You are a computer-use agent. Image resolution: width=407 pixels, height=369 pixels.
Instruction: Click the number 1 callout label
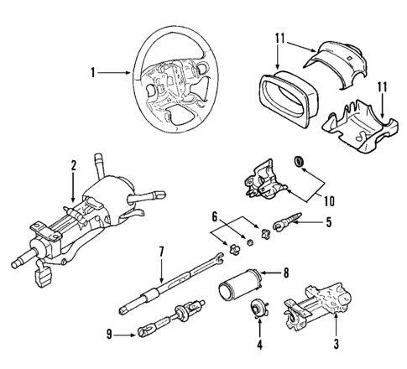point(93,73)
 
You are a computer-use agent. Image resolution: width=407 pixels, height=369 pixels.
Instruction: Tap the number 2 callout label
point(74,165)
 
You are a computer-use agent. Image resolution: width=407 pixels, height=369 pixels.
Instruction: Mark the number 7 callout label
point(161,251)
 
